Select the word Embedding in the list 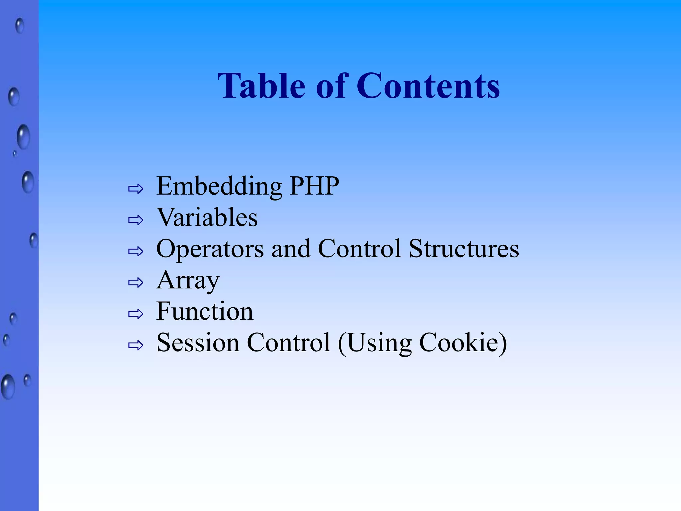pos(219,186)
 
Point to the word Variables pos(207,217)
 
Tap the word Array pos(188,280)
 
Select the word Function pos(205,311)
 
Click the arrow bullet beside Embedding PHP pos(136,189)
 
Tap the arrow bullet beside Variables pos(136,220)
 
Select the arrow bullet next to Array pos(136,283)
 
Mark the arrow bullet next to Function pos(136,314)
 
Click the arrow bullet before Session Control pos(136,345)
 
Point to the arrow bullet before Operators pos(136,252)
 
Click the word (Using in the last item pos(375,343)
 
